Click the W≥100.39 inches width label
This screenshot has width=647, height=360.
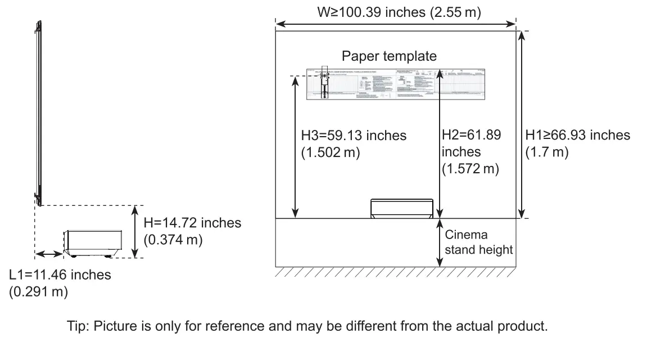pos(399,12)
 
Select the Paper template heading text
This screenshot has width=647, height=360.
pos(389,56)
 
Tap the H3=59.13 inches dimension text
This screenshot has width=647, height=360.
pos(354,136)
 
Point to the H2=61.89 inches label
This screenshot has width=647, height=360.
pos(471,136)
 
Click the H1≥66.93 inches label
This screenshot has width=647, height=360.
pos(577,135)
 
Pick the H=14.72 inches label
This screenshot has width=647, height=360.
pos(193,223)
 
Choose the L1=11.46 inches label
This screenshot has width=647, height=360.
pos(60,275)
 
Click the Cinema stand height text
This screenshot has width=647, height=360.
pos(478,242)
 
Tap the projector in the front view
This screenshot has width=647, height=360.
pos(402,208)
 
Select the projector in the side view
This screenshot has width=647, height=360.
pos(93,243)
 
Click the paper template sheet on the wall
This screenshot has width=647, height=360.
pos(395,84)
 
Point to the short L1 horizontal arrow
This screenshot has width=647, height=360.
pos(49,255)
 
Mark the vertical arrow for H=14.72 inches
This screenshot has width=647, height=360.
pos(135,232)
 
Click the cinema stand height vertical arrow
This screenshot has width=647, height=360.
pos(439,242)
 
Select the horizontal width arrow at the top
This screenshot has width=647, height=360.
pos(395,24)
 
